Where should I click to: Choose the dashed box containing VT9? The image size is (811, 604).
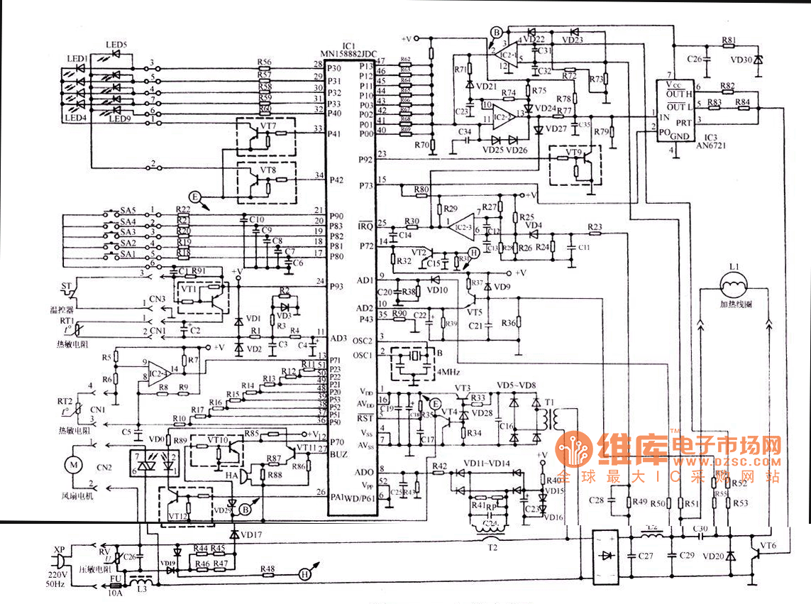[x=575, y=164]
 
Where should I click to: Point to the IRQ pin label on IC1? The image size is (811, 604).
[x=365, y=226]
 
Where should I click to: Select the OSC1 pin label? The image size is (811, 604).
[x=363, y=356]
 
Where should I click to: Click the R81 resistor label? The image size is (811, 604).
[x=729, y=40]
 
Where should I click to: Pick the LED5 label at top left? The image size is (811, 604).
[x=116, y=45]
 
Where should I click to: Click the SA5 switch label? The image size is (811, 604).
[x=128, y=210]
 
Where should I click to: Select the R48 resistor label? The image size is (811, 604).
[x=267, y=569]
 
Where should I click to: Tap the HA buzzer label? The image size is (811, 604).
[x=232, y=475]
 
